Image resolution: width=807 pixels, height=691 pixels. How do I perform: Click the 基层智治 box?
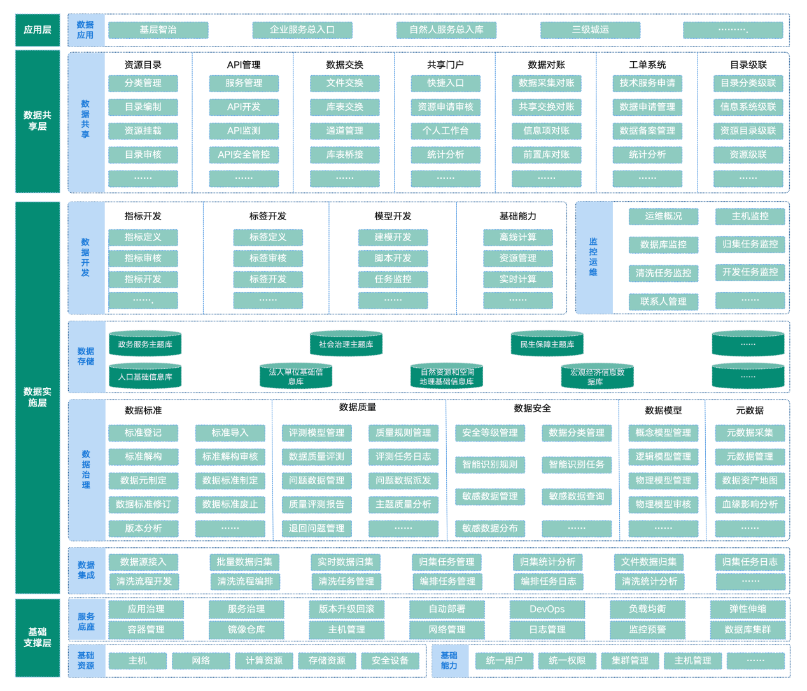coord(158,30)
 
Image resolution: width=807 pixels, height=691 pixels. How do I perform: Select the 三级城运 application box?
coord(590,30)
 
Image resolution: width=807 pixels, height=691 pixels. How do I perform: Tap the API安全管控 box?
coord(244,155)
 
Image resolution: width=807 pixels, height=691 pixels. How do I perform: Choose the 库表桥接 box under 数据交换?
coord(344,155)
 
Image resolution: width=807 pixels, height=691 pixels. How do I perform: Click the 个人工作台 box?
coord(446,131)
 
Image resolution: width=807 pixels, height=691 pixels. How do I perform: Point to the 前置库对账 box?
coord(546,155)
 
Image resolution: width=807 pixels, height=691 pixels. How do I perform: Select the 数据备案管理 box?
coord(647,131)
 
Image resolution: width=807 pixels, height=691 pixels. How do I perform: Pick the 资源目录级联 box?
coord(748,131)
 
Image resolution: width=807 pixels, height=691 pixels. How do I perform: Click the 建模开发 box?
coord(393,237)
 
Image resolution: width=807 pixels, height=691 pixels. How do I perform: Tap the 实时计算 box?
coord(517,279)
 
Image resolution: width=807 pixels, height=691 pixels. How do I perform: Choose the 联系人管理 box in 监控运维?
coord(663,302)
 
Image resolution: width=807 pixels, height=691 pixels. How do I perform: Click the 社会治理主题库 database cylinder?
coord(346,344)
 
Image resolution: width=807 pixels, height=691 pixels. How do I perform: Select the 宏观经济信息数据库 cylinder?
coord(597,377)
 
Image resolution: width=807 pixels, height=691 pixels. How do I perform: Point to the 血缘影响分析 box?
coord(750,505)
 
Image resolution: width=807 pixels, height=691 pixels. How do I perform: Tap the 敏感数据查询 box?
coord(577,497)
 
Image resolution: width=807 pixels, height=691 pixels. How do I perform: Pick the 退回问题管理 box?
coord(316,528)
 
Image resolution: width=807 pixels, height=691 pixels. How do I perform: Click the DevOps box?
coord(547,609)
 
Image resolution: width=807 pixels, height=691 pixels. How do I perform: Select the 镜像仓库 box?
coord(246,629)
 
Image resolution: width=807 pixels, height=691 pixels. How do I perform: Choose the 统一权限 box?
coord(567,660)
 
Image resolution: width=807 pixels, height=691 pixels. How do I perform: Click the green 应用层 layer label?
coord(38,30)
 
